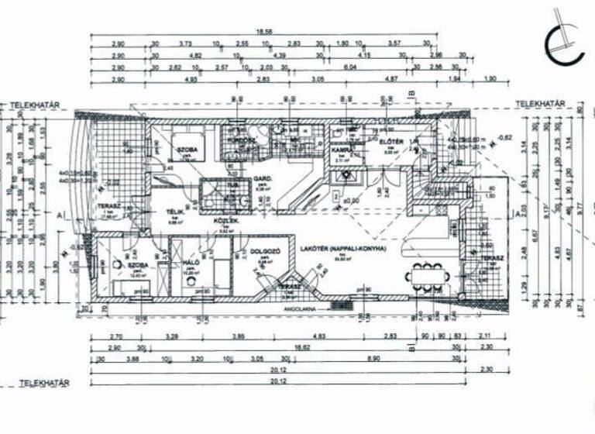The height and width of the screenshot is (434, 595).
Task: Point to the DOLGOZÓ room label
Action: [x=266, y=253]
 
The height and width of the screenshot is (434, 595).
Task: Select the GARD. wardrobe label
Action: [x=262, y=179]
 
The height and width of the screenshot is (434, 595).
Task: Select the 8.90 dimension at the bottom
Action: [x=373, y=360]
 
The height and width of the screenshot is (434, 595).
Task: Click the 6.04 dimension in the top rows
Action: [x=349, y=67]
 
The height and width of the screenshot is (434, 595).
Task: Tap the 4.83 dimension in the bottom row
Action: [x=318, y=337]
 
